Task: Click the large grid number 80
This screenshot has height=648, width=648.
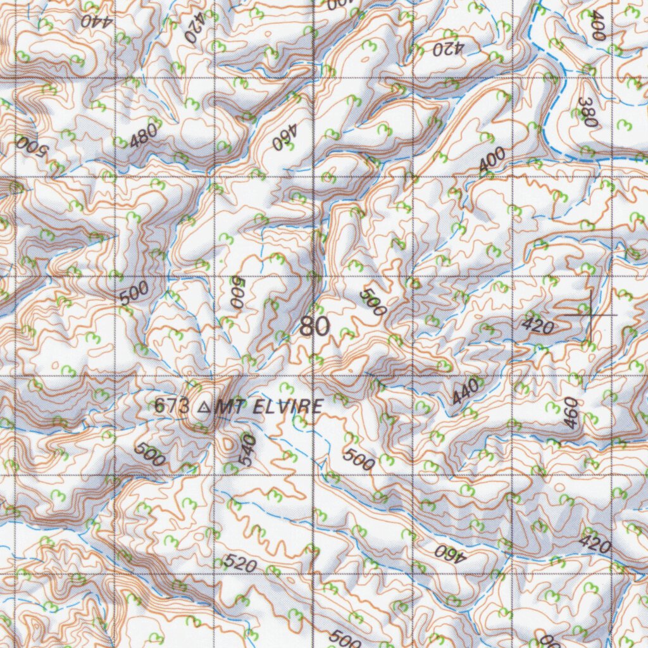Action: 315,327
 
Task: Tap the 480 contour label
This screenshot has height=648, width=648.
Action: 144,135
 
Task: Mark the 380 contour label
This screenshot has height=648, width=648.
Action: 588,113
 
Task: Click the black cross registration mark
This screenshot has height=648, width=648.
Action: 590,314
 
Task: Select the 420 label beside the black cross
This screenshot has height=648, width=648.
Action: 539,326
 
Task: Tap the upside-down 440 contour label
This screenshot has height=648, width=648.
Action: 95,20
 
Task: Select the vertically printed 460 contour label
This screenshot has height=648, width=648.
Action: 571,413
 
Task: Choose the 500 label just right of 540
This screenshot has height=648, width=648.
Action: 359,459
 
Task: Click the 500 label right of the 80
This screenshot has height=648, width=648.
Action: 373,302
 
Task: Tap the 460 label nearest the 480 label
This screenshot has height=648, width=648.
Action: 284,139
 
